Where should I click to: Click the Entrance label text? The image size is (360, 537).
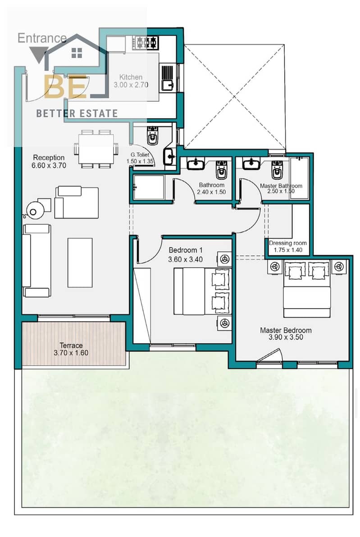click(x=42, y=38)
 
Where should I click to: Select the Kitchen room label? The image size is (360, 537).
click(x=131, y=81)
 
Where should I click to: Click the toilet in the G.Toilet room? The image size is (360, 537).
click(x=152, y=135)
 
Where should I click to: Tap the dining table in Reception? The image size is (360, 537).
click(x=96, y=149)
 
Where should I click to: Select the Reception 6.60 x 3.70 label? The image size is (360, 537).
click(x=49, y=161)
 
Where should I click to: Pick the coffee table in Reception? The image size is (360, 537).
click(x=80, y=263)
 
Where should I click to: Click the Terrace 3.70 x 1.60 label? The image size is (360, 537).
click(x=71, y=349)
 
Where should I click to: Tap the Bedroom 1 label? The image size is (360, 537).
click(x=185, y=255)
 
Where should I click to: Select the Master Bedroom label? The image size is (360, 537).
click(x=286, y=333)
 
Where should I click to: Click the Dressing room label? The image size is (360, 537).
click(x=288, y=246)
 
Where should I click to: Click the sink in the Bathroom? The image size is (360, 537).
click(x=196, y=164)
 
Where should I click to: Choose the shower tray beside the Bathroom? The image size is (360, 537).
click(x=149, y=187)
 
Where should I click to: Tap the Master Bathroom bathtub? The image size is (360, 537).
click(x=299, y=178)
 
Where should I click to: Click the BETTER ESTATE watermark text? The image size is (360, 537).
click(x=77, y=114)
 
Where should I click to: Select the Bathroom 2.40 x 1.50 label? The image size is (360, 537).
click(x=211, y=188)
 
